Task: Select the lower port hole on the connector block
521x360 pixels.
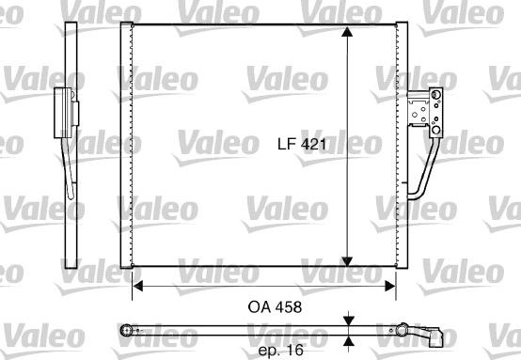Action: point(435,122)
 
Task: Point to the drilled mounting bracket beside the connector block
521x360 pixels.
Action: point(416,107)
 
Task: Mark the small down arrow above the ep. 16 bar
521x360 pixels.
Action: point(349,321)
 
